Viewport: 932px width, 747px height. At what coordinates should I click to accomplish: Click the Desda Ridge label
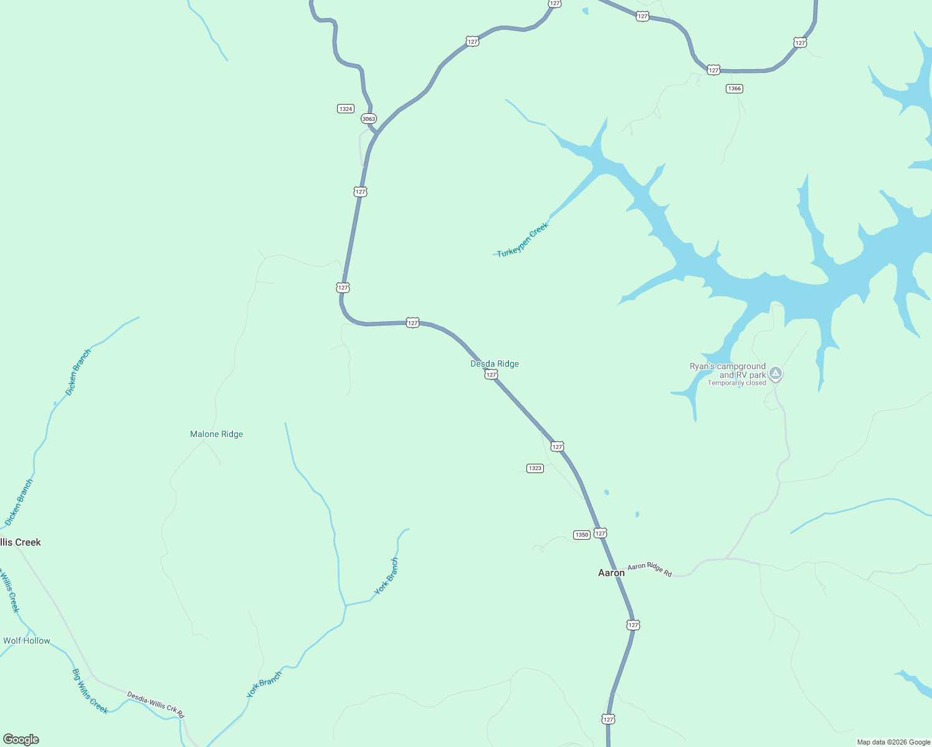pos(495,364)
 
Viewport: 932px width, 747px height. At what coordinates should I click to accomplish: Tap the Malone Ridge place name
pos(216,435)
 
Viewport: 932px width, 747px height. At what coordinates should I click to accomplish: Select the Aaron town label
pos(611,573)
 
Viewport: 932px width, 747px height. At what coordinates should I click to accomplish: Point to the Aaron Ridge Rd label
pos(650,570)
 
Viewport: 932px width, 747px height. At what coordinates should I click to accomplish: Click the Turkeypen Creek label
pos(523,240)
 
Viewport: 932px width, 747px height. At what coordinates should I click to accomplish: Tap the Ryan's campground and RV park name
pos(728,370)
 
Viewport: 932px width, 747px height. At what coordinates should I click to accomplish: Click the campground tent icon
pos(776,374)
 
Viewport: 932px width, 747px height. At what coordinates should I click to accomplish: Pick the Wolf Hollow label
pos(26,641)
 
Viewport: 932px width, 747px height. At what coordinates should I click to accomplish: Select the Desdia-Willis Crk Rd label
pos(156,704)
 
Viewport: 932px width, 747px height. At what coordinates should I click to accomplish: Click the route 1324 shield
pos(346,109)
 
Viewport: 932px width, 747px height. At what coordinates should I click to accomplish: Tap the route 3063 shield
pos(369,119)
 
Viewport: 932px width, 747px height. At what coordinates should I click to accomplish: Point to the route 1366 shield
pos(735,88)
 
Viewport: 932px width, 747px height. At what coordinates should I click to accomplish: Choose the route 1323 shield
pos(535,468)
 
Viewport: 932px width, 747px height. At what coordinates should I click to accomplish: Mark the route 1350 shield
pos(581,535)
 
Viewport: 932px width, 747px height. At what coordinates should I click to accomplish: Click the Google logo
pos(21,740)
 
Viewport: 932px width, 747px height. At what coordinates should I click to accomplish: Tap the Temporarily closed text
pos(736,383)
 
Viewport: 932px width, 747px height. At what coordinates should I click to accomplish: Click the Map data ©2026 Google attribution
pos(893,742)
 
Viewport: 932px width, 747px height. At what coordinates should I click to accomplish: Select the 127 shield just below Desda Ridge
pos(492,375)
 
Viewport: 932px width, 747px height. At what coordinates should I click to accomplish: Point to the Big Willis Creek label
pos(90,692)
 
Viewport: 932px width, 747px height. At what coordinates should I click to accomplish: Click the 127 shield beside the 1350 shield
pos(600,533)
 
